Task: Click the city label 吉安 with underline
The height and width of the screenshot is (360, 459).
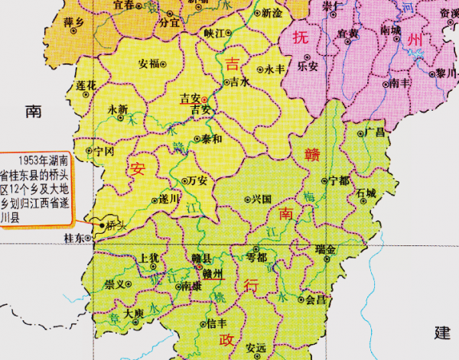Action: point(188,98)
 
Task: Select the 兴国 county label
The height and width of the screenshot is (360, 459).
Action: point(262,199)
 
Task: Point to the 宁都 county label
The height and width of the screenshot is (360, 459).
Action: point(338,181)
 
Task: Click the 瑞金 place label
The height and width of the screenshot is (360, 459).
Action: point(325,249)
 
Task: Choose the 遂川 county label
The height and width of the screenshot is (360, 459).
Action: point(170,198)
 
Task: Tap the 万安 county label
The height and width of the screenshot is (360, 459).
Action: point(197,181)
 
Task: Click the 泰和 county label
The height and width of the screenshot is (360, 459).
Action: point(212,139)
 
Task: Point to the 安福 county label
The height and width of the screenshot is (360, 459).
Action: point(149,63)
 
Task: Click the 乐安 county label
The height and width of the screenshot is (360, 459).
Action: point(308,66)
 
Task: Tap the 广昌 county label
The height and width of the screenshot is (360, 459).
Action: point(376,132)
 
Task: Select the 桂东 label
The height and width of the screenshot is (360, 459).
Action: point(75,238)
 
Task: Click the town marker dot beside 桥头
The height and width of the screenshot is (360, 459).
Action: point(102,225)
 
